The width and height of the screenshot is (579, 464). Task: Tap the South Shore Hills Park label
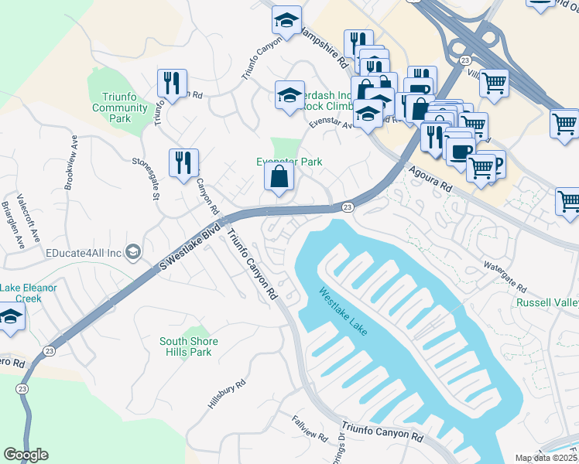(x=189, y=346)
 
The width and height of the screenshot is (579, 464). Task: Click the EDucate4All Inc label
(x=84, y=253)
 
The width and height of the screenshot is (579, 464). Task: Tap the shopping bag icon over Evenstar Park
(x=279, y=176)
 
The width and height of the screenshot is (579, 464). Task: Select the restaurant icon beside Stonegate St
(x=183, y=162)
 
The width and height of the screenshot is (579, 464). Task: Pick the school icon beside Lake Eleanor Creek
(x=11, y=317)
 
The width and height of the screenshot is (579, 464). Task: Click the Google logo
(x=26, y=455)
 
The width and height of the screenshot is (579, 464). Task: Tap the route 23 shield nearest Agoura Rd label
(x=348, y=206)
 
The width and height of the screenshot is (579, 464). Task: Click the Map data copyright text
(x=546, y=458)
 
